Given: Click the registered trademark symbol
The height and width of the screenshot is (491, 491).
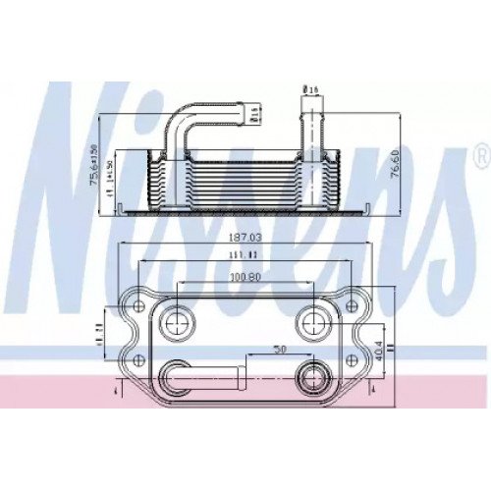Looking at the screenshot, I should tap(478, 156).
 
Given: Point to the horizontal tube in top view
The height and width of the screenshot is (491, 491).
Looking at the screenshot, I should tap(206, 375).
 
